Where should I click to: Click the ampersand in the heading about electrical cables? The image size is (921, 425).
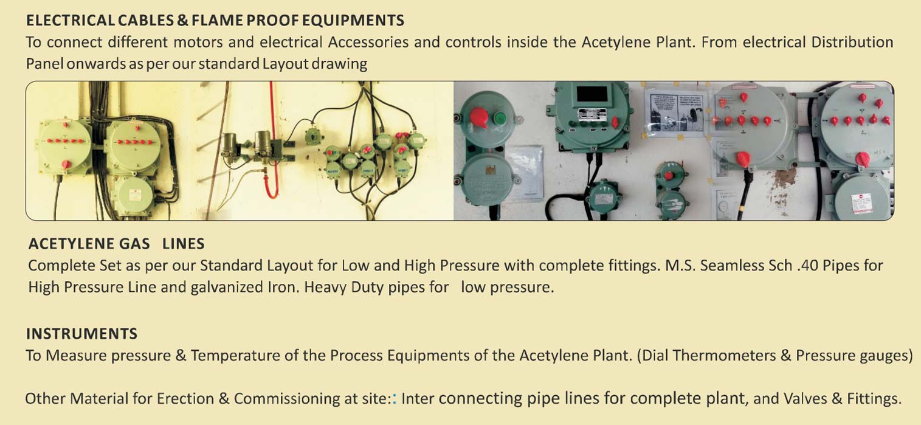coord(183,21)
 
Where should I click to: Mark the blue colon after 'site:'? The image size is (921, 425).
coord(395,398)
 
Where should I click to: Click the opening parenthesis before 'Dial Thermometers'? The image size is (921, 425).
coord(639,356)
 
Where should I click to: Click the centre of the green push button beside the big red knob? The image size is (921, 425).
coord(500,119)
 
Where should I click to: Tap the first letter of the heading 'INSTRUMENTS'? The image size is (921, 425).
coord(28,334)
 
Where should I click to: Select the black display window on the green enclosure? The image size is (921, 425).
coord(592,94)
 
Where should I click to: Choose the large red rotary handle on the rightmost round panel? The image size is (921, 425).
coord(862,159)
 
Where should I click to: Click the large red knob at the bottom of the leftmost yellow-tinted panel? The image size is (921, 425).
coord(66,164)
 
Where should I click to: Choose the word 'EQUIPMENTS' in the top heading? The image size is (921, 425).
coord(353,21)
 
